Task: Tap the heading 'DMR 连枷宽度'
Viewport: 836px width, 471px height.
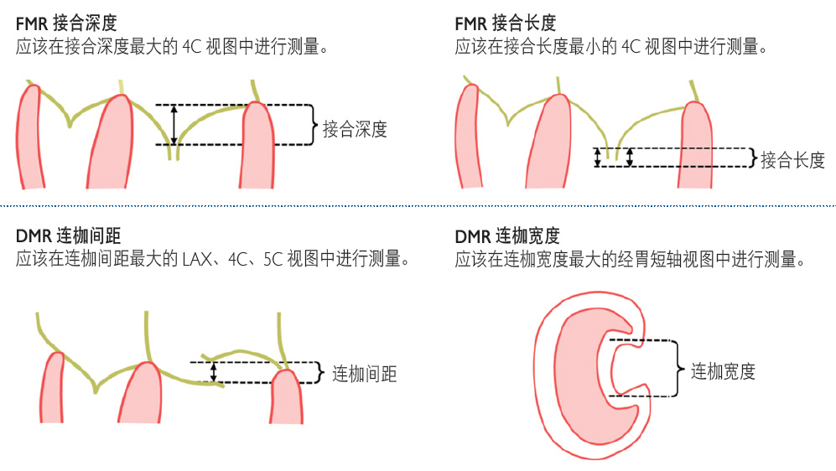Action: click(506, 236)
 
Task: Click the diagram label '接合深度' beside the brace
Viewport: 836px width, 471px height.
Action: click(355, 129)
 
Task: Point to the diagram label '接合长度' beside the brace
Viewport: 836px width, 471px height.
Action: click(792, 160)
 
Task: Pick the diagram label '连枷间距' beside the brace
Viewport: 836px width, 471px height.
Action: click(365, 374)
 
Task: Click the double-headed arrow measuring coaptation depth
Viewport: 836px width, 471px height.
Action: click(174, 124)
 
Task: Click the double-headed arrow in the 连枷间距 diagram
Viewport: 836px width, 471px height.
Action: click(214, 371)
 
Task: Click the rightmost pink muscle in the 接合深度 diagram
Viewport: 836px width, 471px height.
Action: click(260, 147)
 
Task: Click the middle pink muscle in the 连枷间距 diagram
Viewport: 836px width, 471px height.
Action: click(143, 394)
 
